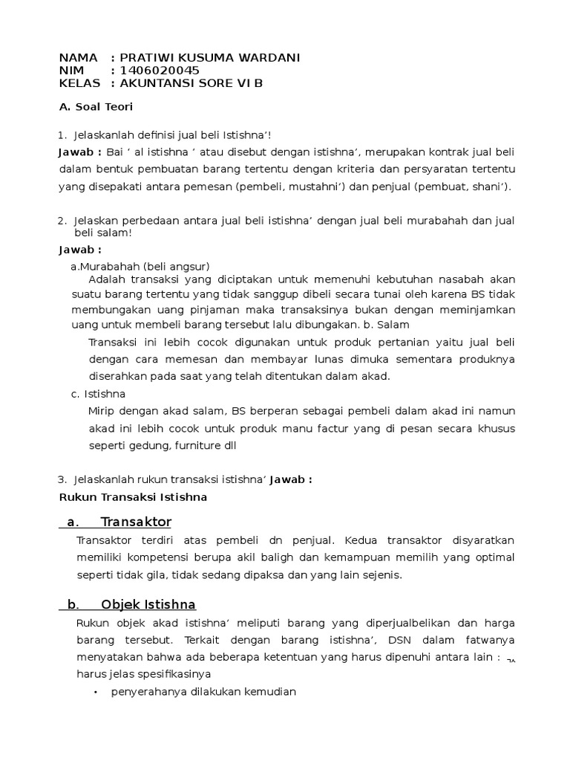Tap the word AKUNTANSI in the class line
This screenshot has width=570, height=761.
[156, 82]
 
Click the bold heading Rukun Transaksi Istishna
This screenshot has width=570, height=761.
[133, 497]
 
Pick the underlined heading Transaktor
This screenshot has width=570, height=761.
[136, 522]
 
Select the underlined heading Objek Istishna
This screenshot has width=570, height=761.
[148, 604]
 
